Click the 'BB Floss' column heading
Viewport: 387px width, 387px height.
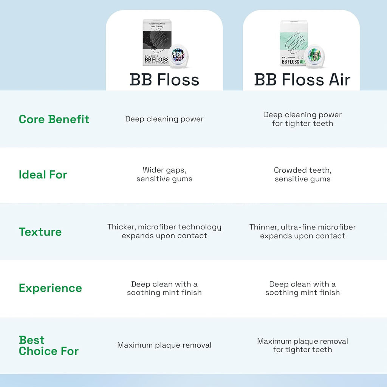coord(164,80)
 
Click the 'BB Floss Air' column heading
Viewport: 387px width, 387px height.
coord(302,80)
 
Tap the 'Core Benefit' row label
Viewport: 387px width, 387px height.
coord(54,119)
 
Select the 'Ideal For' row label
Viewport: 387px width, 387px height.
coord(43,175)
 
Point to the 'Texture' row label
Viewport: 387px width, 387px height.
coord(40,232)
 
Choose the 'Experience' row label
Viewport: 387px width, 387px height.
coord(50,288)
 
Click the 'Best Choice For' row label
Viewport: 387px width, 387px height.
coord(49,345)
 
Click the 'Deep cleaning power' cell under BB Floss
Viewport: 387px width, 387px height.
coord(164,119)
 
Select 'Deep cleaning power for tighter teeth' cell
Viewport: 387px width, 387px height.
coord(302,119)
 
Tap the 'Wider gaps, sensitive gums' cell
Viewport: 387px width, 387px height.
coord(164,175)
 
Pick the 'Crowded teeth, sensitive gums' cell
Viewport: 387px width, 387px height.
coord(302,175)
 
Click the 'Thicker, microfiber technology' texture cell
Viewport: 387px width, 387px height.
coord(164,231)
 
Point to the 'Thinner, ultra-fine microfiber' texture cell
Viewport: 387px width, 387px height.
coord(302,231)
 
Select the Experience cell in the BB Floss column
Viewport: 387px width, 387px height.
coord(164,288)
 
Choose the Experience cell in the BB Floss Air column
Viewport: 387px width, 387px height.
coord(302,288)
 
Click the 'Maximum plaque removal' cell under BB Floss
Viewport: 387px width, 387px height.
coord(164,345)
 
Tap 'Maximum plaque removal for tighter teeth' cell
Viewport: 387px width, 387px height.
coord(302,345)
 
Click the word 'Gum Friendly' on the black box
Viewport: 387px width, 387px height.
coord(157,28)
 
